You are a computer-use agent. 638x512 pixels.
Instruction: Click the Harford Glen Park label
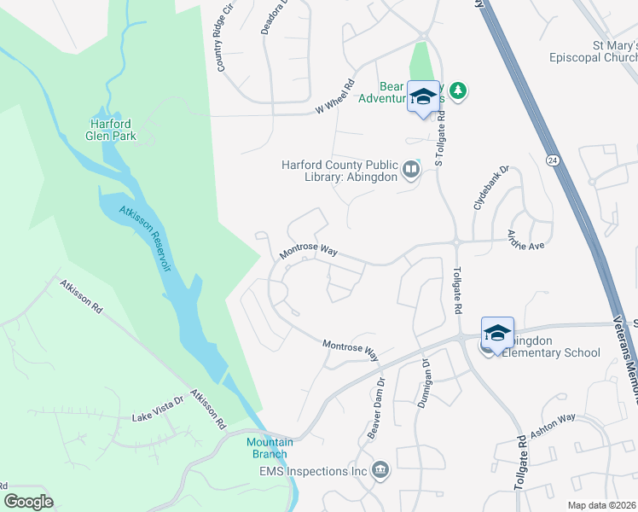(x=111, y=130)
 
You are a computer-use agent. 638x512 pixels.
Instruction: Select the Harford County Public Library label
(x=340, y=172)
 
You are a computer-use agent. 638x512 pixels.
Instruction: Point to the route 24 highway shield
(x=553, y=160)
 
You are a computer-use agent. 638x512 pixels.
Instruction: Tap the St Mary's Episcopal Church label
(x=603, y=52)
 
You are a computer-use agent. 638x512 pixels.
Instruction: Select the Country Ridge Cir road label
(x=224, y=42)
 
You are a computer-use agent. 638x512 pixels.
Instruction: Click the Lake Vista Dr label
(x=158, y=418)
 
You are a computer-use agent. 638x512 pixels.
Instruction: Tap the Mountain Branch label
(x=270, y=447)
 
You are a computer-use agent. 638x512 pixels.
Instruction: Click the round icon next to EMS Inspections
(x=380, y=469)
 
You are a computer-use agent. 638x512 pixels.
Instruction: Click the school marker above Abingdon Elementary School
(x=497, y=332)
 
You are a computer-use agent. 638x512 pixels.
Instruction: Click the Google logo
(x=28, y=502)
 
